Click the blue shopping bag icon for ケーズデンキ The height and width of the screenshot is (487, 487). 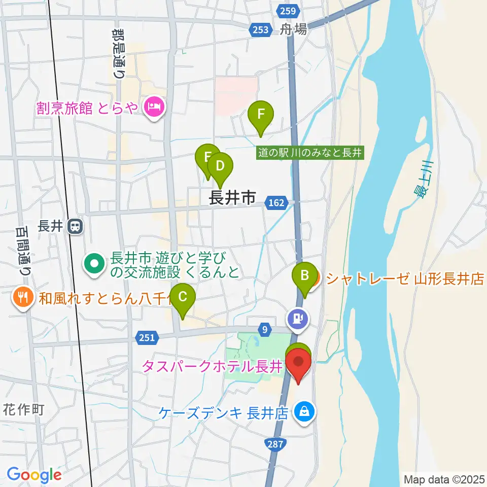[x=303, y=412]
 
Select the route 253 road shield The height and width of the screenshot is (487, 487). [x=259, y=30]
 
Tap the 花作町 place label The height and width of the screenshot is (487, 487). [x=24, y=409]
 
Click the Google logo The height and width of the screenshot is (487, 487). [x=34, y=475]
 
